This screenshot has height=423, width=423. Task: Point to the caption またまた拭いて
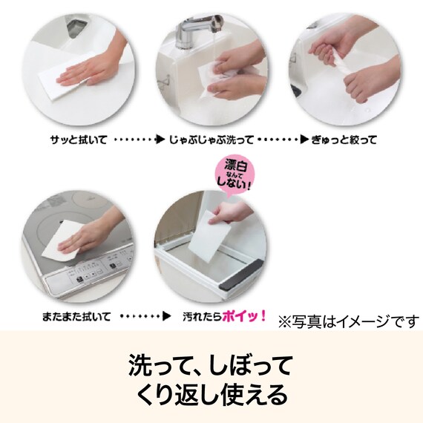pos(76,316)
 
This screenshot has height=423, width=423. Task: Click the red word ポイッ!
pos(247,315)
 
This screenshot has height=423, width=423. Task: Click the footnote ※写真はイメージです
pos(348,321)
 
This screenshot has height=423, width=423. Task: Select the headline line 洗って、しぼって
pos(211,365)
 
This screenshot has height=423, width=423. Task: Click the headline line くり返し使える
pos(211,394)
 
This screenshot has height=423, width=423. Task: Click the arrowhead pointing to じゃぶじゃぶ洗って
pos(159,140)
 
